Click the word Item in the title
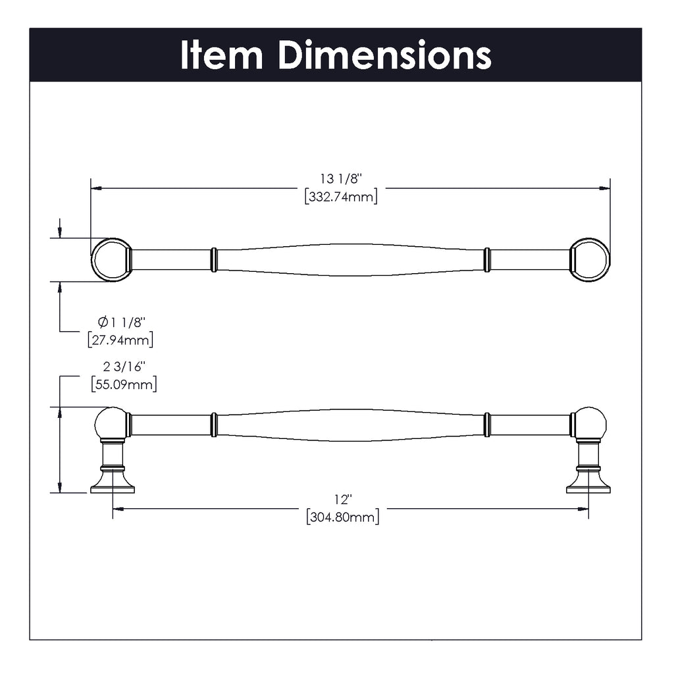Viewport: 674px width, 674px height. [221, 55]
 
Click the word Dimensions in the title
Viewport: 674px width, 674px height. [384, 55]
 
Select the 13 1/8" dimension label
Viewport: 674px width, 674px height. [341, 178]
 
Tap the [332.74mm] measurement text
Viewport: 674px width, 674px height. [341, 197]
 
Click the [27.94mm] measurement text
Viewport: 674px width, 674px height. [120, 340]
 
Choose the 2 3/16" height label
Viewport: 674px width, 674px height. [123, 367]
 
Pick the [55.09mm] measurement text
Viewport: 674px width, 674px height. [124, 384]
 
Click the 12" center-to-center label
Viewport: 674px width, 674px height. [343, 500]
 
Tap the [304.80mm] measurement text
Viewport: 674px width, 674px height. [343, 517]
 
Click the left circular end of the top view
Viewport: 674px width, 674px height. [111, 259]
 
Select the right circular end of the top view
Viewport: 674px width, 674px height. [590, 259]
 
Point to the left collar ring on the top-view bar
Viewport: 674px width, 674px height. [213, 259]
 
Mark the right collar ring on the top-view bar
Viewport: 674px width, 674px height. [487, 259]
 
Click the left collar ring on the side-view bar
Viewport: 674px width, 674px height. [213, 425]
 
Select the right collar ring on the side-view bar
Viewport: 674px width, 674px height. [487, 425]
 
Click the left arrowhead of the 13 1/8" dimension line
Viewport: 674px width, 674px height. [96, 188]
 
